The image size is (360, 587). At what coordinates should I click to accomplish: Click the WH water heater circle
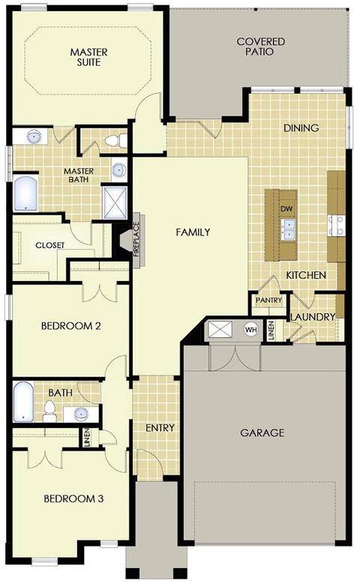point(251,330)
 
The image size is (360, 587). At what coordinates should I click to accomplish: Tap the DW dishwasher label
point(286,209)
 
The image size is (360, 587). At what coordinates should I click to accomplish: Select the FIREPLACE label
point(136,240)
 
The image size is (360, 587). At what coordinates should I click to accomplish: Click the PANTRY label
point(268,300)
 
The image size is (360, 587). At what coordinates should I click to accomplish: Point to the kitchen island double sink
point(288,229)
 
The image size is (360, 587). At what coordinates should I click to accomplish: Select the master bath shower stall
point(115,202)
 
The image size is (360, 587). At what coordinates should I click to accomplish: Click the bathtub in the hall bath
point(23,402)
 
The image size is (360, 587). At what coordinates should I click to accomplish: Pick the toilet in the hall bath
point(49,410)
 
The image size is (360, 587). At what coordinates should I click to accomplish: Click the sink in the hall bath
point(81,414)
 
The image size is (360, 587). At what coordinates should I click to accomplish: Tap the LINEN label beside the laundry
point(271,330)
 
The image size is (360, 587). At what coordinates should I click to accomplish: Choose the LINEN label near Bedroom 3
point(87,438)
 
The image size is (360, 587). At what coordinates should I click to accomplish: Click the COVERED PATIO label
point(261,46)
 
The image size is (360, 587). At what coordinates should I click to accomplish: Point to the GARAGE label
point(262,433)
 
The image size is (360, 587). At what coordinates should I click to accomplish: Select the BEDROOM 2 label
point(70,325)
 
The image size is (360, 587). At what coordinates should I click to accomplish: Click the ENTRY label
point(160,427)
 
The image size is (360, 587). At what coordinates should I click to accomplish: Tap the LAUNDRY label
point(313,317)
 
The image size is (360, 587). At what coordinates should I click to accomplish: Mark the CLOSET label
point(49,245)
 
